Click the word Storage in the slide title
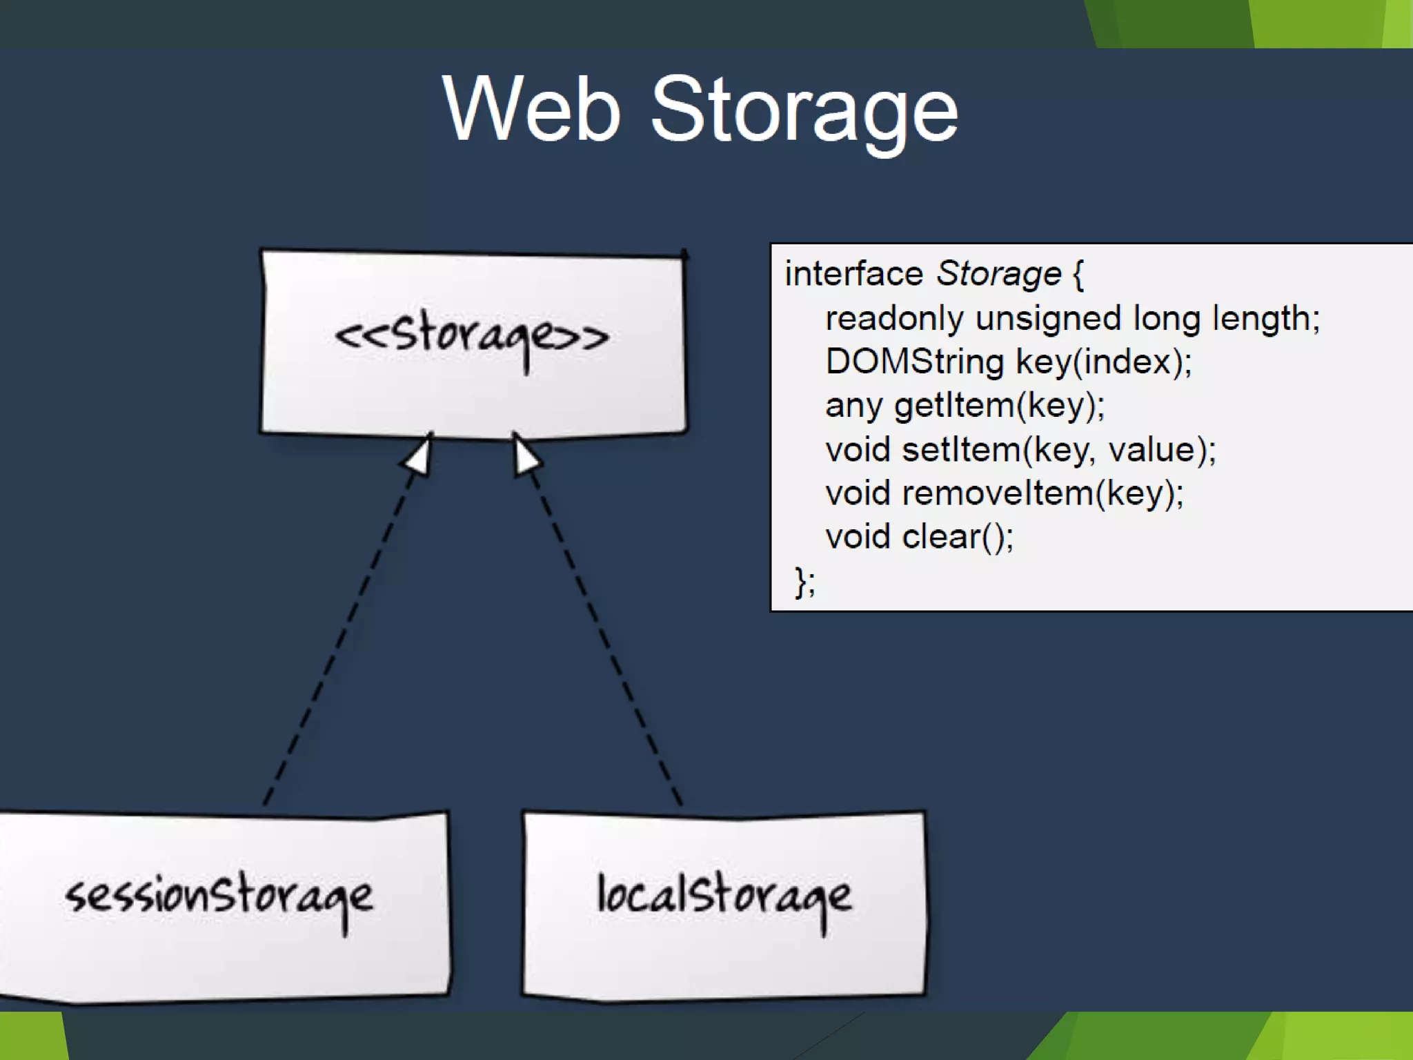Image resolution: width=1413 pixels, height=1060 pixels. (x=804, y=110)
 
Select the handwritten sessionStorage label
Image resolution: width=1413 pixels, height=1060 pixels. (x=219, y=897)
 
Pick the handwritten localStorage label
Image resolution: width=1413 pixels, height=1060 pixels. (x=724, y=897)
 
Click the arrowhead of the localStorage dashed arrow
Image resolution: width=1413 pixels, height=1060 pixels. (x=526, y=455)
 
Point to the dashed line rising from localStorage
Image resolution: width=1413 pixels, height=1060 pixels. (x=604, y=635)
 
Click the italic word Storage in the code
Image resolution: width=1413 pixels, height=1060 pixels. (x=998, y=274)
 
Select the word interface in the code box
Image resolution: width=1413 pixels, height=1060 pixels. (x=854, y=274)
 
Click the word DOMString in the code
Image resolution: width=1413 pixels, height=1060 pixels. (x=915, y=362)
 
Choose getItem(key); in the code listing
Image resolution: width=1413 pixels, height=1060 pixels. (x=999, y=406)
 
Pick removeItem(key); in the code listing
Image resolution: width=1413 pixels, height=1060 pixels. (x=1043, y=494)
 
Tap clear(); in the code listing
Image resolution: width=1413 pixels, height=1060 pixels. (x=958, y=538)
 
